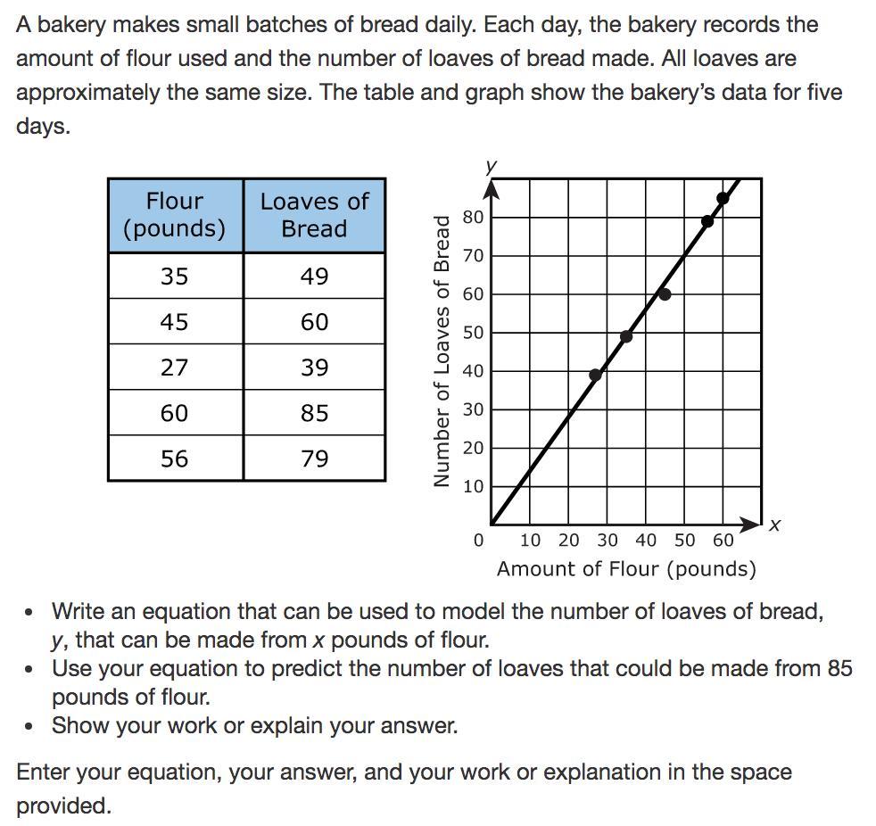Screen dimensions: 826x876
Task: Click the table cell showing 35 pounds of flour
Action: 175,277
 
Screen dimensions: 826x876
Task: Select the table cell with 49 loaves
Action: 314,277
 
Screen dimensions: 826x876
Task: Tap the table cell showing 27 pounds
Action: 175,368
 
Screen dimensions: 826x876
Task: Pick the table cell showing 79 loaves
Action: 314,458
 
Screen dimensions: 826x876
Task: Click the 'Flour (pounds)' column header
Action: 175,215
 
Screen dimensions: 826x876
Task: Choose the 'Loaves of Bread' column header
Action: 314,215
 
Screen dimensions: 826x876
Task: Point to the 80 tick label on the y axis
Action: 474,218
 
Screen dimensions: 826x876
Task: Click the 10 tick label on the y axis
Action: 474,487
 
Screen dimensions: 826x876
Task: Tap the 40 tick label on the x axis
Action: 646,541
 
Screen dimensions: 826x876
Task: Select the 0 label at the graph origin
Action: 478,541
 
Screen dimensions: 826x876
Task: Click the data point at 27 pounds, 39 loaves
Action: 596,376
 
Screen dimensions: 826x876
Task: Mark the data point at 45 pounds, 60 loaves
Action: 665,293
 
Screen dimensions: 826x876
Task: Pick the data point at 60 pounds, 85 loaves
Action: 723,198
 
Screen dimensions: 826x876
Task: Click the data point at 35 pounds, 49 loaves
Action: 626,336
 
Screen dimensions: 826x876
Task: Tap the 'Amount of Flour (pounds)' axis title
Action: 626,569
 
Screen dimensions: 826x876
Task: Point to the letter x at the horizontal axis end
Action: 774,526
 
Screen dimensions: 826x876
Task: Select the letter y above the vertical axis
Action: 491,166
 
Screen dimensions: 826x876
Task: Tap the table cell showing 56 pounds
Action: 175,458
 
